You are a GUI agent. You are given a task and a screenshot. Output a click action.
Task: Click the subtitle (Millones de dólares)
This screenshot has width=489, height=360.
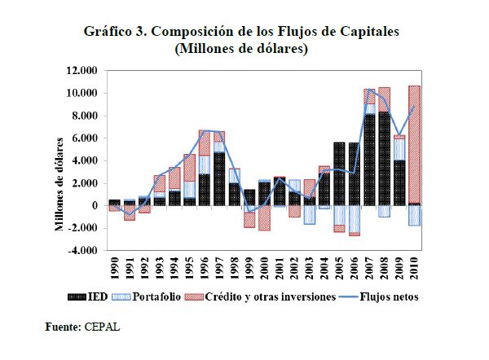point(244,49)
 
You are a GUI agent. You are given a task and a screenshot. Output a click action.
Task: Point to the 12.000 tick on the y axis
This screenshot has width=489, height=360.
point(84,71)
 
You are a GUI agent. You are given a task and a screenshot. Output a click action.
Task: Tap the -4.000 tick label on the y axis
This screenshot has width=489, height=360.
point(84,251)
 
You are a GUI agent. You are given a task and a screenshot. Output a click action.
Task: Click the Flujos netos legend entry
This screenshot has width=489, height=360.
point(388,297)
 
